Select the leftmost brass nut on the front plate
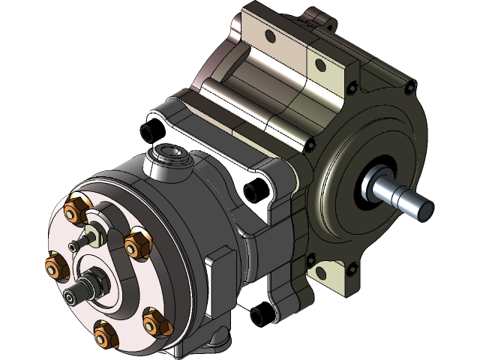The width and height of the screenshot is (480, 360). coord(55,263)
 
